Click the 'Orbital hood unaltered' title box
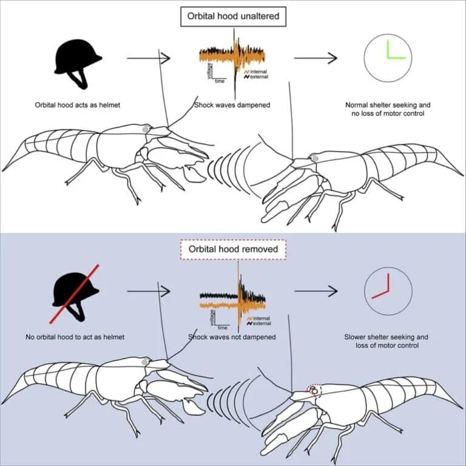pos(234,16)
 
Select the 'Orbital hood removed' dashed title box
pos(233,249)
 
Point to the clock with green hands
pos(388,58)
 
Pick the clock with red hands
pos(388,291)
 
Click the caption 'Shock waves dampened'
pos(232,105)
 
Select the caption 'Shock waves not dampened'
pos(232,337)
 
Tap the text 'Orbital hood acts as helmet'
pos(78,105)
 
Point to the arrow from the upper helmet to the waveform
pos(149,58)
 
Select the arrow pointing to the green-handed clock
pos(316,58)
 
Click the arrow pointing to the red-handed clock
pos(316,291)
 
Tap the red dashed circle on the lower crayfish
pos(314,391)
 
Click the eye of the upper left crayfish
pos(146,129)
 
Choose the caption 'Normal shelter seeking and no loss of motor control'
pos(388,109)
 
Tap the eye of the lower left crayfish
pos(146,362)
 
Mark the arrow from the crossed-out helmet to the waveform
pos(149,291)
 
